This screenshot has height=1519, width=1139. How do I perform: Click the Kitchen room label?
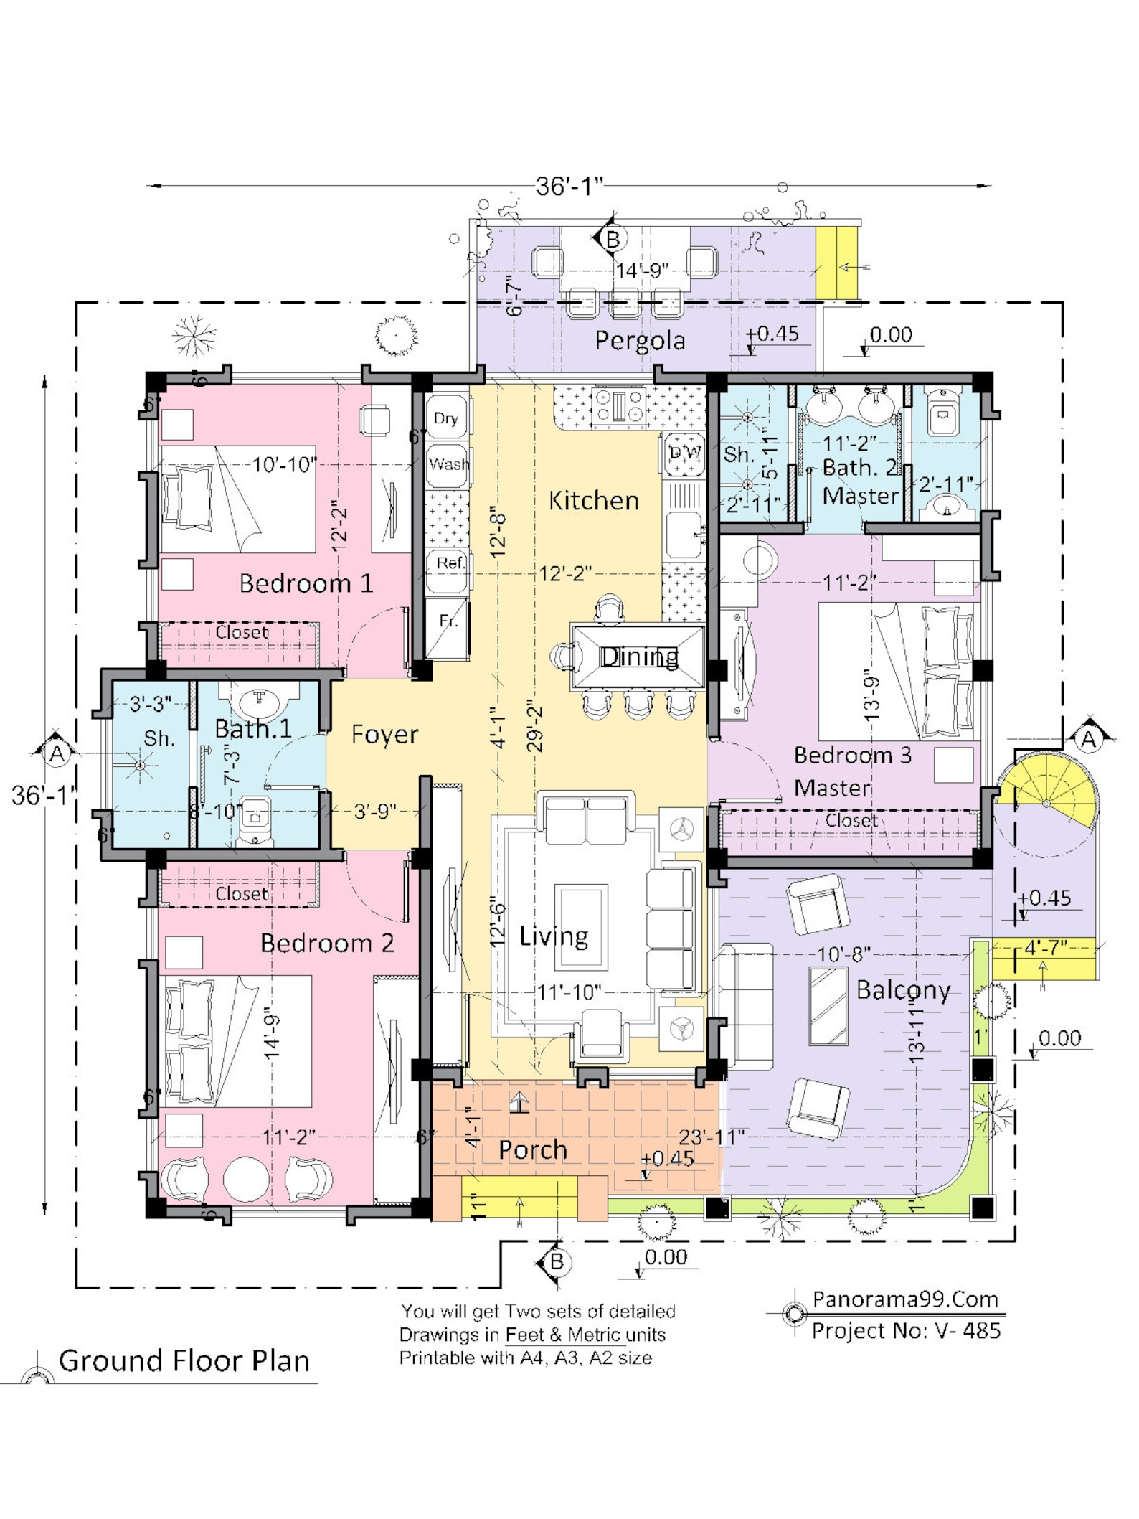coord(593,500)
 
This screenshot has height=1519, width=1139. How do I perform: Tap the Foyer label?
coord(384,734)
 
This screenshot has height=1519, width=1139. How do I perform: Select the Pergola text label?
coord(640,340)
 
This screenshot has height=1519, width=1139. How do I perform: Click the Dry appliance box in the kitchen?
coord(446,418)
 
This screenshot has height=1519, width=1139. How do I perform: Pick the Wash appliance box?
coord(448,465)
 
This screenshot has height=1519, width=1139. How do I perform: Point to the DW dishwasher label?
coord(684,453)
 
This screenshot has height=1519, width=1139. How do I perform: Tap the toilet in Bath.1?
coord(254,819)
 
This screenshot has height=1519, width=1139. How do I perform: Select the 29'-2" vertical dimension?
coord(535,729)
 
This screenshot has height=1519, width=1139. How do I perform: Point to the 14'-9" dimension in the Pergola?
coord(643,271)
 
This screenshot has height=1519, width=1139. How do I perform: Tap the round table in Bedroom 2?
coord(246,1179)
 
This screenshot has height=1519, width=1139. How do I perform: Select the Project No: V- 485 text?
coord(905,1330)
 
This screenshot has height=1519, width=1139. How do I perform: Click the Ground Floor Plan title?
coord(184,1360)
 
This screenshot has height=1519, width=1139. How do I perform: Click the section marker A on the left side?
coord(56,753)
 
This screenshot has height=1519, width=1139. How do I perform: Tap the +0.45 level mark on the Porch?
coord(667,1158)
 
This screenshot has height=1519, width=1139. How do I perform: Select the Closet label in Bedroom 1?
coord(242,632)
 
